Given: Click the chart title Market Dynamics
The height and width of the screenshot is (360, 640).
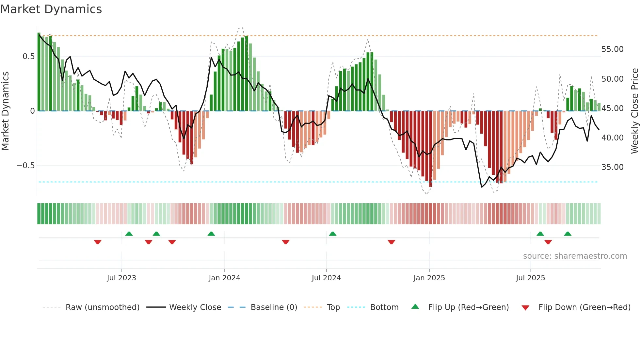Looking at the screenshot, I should tap(51, 9).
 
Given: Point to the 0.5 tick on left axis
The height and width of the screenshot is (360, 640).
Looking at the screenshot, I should tap(28, 57).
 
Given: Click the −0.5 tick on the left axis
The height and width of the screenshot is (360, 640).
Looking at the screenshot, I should tap(25, 166).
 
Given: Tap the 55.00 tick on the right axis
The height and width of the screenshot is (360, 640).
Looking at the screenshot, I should tap(612, 49).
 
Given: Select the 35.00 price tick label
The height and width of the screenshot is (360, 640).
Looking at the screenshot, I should tap(612, 167).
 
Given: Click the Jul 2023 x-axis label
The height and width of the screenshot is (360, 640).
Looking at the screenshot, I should tap(121, 278).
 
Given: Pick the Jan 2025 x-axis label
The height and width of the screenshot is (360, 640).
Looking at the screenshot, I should tap(429, 278).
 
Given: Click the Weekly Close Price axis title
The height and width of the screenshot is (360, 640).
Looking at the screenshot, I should tap(634, 111).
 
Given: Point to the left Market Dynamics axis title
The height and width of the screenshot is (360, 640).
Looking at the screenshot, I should tap(5, 111).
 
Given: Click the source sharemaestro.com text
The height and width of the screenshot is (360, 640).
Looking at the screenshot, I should tap(575, 256).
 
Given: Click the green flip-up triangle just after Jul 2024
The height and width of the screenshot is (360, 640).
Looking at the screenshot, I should tap(333, 234).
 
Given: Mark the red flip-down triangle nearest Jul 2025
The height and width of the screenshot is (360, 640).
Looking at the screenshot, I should tap(548, 242).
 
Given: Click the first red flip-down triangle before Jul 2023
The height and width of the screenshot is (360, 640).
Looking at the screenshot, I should tap(98, 242).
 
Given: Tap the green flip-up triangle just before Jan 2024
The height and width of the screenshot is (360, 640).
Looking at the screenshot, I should tap(211, 234).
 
